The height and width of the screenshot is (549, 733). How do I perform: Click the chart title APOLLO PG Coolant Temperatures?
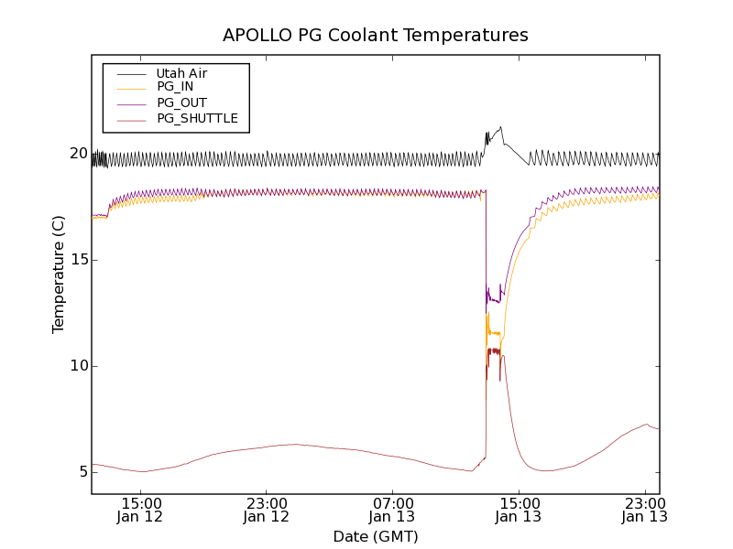click(x=375, y=36)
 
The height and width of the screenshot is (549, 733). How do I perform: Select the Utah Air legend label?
click(x=181, y=73)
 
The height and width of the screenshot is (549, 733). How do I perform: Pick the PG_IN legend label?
click(x=175, y=87)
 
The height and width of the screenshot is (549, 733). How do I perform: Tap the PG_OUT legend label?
click(x=181, y=102)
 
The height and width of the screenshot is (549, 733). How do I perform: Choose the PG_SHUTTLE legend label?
click(x=197, y=118)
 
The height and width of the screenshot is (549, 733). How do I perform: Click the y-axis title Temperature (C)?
click(x=59, y=274)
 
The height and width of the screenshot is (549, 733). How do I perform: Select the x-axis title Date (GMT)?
click(x=375, y=536)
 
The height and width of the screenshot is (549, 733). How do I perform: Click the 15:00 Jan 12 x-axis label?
click(x=141, y=510)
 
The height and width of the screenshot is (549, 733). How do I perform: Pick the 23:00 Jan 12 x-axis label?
click(x=267, y=510)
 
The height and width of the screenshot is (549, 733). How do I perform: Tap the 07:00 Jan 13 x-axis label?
click(x=393, y=510)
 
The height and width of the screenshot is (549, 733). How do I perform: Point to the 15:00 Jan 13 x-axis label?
click(x=519, y=510)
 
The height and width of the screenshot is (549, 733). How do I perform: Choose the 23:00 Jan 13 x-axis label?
click(x=644, y=510)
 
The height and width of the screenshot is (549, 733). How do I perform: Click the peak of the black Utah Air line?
click(x=500, y=127)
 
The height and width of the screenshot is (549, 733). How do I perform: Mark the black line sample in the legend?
click(x=131, y=73)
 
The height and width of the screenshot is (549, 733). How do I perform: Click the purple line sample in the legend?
click(x=131, y=102)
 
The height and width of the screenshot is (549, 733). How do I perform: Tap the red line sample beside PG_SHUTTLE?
click(x=131, y=118)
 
